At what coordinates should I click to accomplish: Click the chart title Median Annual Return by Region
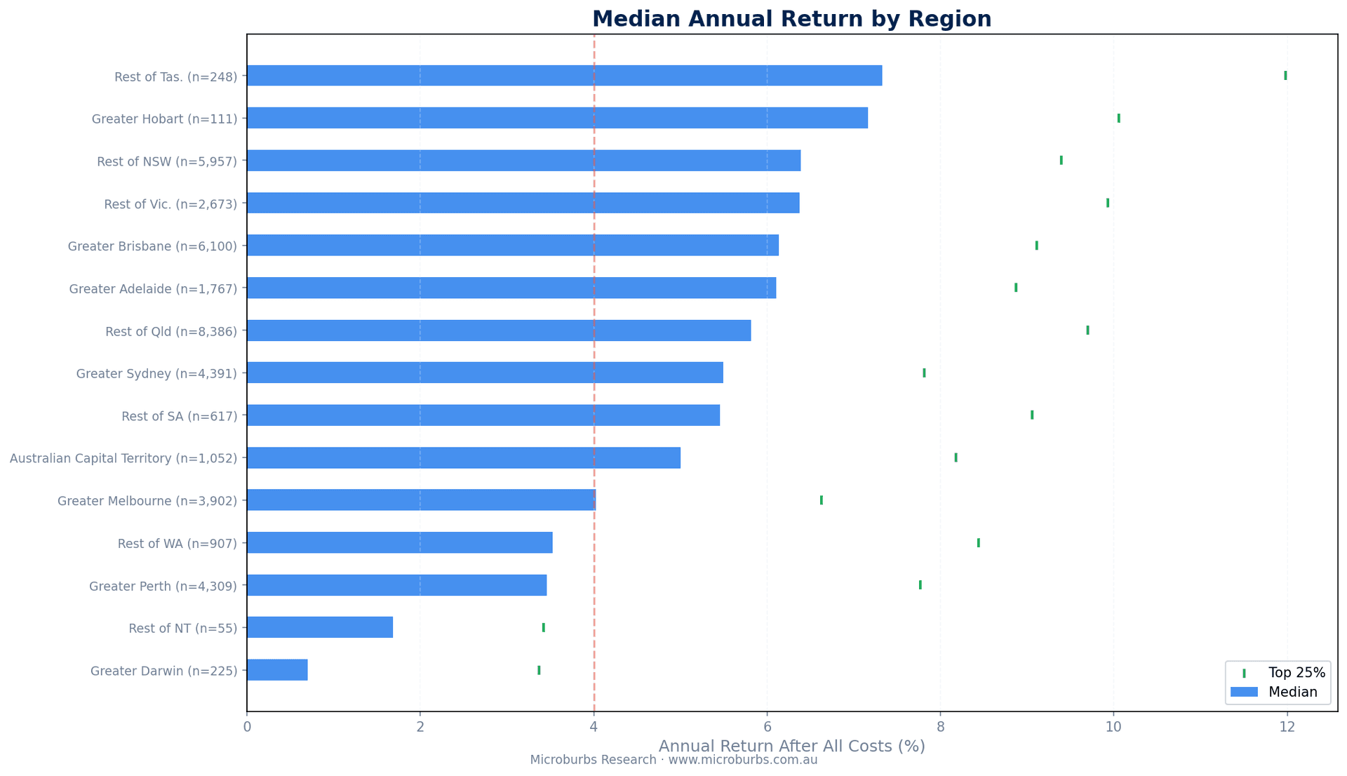point(791,19)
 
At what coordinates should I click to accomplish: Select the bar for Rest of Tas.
point(564,76)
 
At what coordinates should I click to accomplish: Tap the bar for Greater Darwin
point(277,670)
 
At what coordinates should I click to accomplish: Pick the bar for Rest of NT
point(319,627)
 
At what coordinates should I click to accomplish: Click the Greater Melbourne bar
point(421,500)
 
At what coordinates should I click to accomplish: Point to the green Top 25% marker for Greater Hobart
point(1118,118)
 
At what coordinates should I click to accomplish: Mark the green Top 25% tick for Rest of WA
point(978,543)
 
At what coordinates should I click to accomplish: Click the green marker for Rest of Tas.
point(1285,76)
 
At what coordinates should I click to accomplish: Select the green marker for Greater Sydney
point(924,373)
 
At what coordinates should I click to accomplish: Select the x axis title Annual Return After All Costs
point(791,747)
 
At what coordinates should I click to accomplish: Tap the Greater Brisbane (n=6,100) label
point(152,246)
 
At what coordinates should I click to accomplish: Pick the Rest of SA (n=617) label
point(180,416)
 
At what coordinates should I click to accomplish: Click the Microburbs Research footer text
point(673,760)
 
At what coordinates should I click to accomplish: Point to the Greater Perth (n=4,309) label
point(163,586)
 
